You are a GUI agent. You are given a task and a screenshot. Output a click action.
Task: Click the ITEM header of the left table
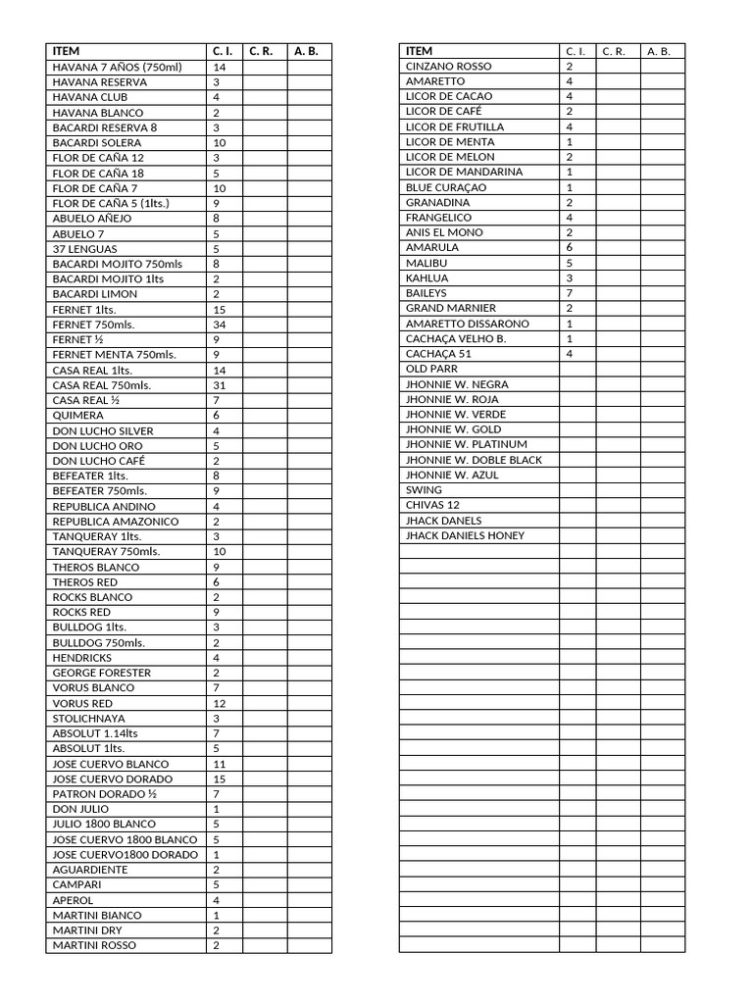pyautogui.click(x=67, y=51)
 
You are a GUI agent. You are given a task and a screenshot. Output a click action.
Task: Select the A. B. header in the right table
pyautogui.click(x=659, y=51)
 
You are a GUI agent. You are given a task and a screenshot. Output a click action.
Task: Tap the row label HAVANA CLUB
pyautogui.click(x=90, y=97)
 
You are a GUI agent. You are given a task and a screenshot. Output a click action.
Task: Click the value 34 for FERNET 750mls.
pyautogui.click(x=220, y=325)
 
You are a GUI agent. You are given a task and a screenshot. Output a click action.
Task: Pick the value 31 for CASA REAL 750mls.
pyautogui.click(x=220, y=385)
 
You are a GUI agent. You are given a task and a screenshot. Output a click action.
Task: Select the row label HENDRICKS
pyautogui.click(x=82, y=658)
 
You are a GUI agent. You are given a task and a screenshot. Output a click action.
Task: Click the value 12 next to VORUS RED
pyautogui.click(x=220, y=703)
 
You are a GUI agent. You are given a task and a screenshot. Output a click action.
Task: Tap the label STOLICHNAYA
pyautogui.click(x=89, y=719)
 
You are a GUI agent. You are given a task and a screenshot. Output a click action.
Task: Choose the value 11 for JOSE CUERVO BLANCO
pyautogui.click(x=220, y=764)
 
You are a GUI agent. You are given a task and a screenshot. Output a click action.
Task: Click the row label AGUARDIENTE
pyautogui.click(x=90, y=870)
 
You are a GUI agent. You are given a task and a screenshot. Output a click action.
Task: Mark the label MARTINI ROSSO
pyautogui.click(x=95, y=945)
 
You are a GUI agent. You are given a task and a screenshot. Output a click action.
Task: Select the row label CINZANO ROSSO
pyautogui.click(x=449, y=66)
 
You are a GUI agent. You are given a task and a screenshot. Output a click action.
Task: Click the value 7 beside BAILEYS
pyautogui.click(x=570, y=293)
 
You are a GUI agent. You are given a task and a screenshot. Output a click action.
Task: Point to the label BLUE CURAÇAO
pyautogui.click(x=446, y=187)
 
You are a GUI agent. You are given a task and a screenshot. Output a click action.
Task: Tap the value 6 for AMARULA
pyautogui.click(x=570, y=247)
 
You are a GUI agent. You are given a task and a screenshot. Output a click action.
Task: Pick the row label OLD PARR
pyautogui.click(x=431, y=369)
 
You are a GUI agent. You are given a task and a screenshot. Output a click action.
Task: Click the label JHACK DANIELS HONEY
pyautogui.click(x=465, y=535)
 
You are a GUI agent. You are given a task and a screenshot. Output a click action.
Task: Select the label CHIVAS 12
pyautogui.click(x=432, y=505)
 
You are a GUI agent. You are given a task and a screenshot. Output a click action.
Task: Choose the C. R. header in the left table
pyautogui.click(x=261, y=51)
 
